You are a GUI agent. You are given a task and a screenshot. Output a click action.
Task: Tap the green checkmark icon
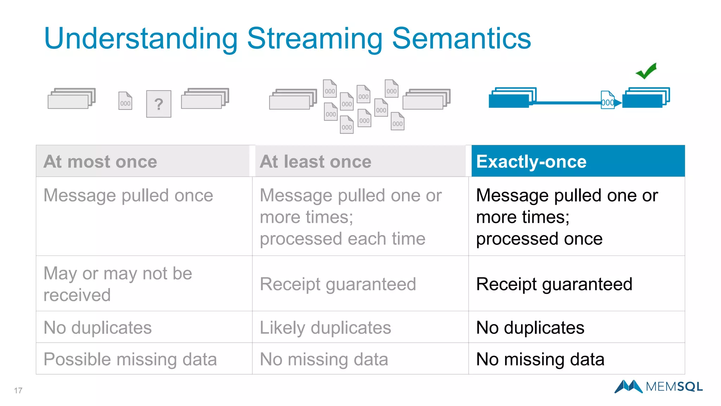(646, 71)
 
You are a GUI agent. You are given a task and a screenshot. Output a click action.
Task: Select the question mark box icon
(159, 104)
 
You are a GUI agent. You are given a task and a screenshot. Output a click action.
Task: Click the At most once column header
(100, 161)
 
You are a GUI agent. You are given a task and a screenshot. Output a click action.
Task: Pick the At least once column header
(315, 161)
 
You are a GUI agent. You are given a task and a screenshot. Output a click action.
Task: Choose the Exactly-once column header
(531, 161)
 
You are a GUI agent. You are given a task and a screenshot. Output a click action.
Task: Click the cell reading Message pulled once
(128, 195)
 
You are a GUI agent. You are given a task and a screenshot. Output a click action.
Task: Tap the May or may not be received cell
(118, 284)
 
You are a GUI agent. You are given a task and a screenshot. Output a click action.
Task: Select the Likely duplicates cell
(325, 327)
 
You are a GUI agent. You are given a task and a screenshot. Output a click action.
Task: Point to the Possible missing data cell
(130, 359)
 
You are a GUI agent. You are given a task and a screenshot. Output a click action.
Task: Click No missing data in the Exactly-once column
(540, 359)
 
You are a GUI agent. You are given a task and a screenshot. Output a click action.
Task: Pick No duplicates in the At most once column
(98, 327)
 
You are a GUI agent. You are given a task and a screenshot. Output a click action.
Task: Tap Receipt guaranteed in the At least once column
(338, 284)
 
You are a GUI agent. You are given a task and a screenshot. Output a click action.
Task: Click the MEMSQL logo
(658, 387)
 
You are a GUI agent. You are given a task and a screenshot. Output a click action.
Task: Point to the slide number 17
(18, 390)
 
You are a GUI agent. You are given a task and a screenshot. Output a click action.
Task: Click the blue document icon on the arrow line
(607, 100)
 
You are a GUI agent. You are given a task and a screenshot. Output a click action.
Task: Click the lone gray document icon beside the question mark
(125, 101)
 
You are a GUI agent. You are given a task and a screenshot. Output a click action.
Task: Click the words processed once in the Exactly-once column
(539, 239)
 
